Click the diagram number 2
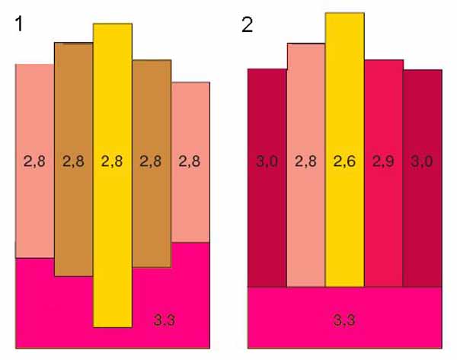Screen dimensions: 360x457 [x=248, y=24]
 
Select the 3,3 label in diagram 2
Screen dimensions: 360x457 [x=344, y=320]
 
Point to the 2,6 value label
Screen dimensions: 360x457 [x=344, y=161]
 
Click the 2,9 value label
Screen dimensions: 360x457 [x=382, y=161]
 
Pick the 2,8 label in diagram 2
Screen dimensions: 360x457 [x=305, y=161]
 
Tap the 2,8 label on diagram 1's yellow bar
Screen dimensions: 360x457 [x=113, y=161]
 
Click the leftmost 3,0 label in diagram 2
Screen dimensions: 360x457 [x=267, y=161]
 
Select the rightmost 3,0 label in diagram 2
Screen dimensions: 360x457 [x=421, y=161]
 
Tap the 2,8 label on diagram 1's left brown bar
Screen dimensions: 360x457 [x=74, y=161]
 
